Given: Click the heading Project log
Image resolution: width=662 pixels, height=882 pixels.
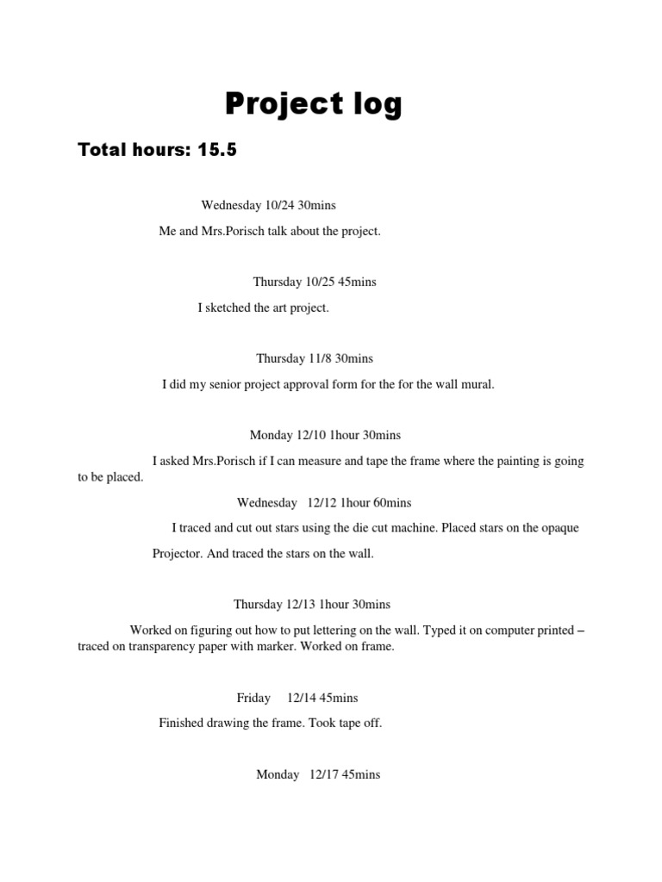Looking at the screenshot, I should pos(313,105).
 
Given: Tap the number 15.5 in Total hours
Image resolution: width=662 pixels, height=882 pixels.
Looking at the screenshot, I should pos(217,151).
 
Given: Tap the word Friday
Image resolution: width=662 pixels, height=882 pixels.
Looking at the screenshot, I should pos(253,698).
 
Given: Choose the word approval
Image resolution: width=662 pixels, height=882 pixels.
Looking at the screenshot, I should pos(309,384).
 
